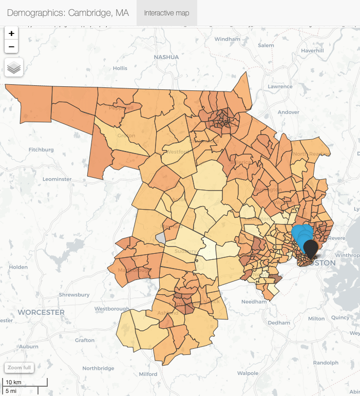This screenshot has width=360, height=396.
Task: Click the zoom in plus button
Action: (11, 33)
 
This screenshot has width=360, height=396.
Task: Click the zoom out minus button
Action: (11, 47)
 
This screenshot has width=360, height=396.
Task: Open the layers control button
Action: (14, 67)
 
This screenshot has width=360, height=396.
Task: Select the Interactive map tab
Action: (167, 13)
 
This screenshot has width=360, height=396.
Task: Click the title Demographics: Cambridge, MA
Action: (68, 13)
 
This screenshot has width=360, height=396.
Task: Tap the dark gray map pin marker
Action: (311, 248)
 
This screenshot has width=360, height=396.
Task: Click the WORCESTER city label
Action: (41, 312)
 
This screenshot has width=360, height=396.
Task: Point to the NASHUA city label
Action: (166, 57)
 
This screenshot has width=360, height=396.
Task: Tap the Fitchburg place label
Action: (41, 150)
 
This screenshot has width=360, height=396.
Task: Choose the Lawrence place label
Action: (280, 87)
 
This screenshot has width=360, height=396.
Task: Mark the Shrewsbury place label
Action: (74, 295)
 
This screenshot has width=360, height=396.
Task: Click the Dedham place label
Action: (279, 323)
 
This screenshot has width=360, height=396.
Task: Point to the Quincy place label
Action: (341, 317)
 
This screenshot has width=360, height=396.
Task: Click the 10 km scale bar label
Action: (13, 383)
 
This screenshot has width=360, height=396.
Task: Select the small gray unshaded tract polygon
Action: (161, 237)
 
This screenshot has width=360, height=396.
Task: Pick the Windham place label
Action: (227, 39)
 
